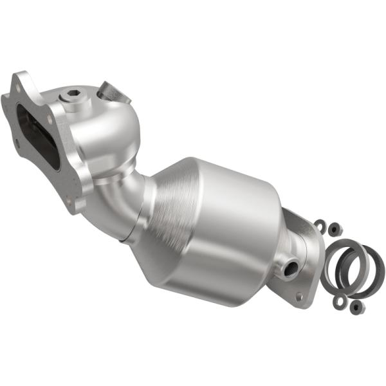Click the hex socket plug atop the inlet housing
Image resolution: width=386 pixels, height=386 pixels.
click(71, 96)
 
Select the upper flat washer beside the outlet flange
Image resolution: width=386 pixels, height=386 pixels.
click(319, 225)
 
